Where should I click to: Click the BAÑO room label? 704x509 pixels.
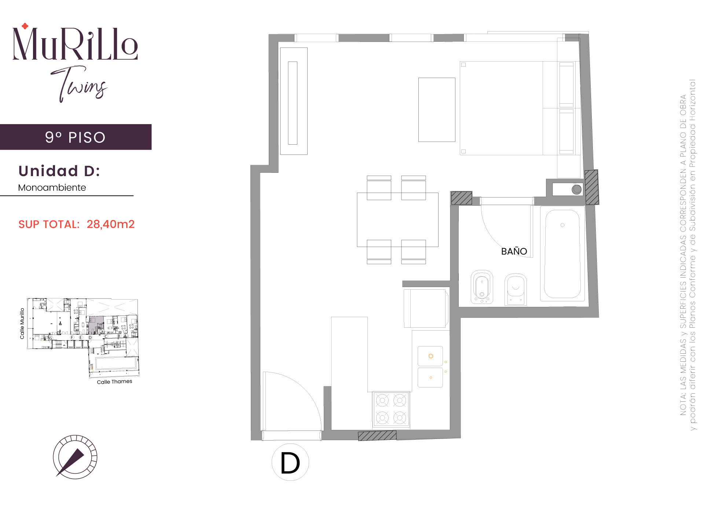tap(514, 251)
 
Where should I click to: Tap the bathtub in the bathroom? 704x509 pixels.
tap(562, 254)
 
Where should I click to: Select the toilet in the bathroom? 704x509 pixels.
tap(516, 289)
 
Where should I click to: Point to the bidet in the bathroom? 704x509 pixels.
tap(482, 287)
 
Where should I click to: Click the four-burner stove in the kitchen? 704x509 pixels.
tap(391, 409)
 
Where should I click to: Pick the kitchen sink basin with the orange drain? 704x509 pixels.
tap(430, 356)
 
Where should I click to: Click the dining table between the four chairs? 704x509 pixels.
tap(397, 220)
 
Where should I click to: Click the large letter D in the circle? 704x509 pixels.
tap(290, 462)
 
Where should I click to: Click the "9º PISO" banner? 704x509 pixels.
tap(76, 137)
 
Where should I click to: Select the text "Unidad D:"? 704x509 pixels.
tap(59, 171)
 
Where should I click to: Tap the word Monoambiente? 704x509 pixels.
tap(52, 187)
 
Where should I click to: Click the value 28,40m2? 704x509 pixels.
tap(111, 224)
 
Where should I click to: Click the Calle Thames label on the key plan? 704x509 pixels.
tap(114, 382)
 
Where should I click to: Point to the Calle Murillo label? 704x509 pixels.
tap(22, 323)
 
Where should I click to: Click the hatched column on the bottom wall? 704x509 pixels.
tap(377, 435)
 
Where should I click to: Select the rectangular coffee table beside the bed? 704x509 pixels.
tap(437, 109)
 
